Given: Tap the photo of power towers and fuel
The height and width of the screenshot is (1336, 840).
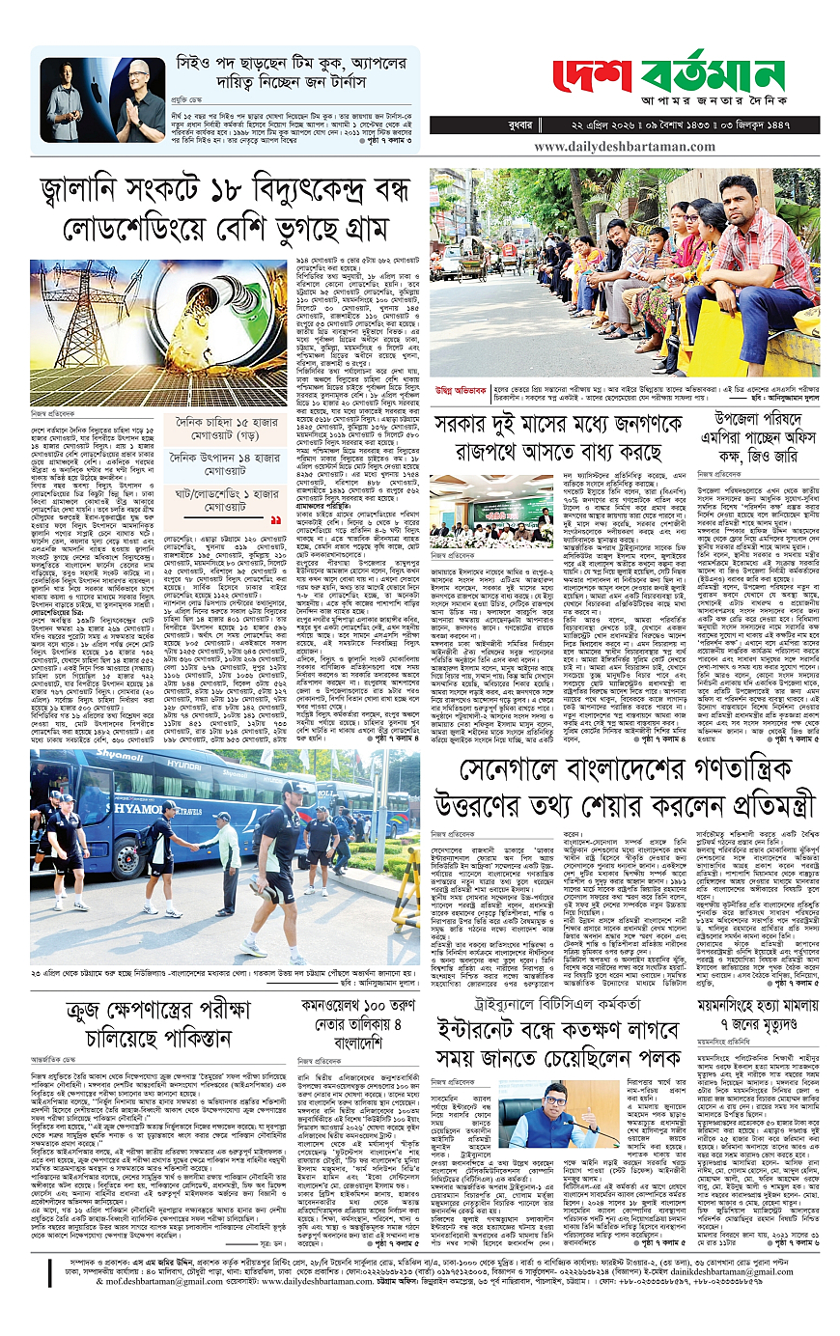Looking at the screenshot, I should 158,320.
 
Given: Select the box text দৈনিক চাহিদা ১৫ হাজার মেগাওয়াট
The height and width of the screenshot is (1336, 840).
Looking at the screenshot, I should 231,428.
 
